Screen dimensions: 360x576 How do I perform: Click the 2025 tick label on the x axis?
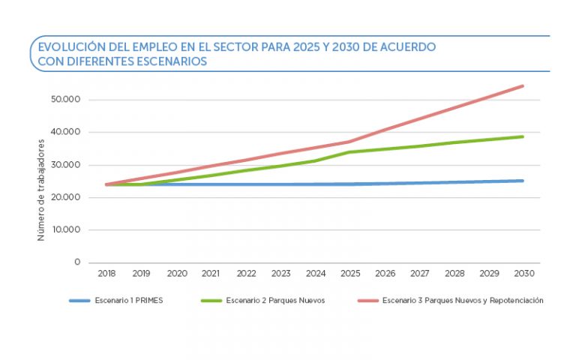tap(350, 274)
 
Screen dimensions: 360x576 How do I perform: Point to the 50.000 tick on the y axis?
tap(67, 100)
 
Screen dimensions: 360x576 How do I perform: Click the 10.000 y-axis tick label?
tap(67, 230)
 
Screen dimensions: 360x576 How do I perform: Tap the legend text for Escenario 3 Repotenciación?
tap(463, 301)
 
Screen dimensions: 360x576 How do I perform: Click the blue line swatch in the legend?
tap(79, 301)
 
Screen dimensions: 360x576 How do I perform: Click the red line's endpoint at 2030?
tap(523, 86)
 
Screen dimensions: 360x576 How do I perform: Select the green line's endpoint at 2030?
tap(523, 136)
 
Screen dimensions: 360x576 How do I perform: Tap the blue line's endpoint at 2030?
tap(523, 181)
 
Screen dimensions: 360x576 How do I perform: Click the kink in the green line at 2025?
tap(350, 152)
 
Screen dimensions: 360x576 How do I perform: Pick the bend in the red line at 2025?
tap(350, 142)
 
